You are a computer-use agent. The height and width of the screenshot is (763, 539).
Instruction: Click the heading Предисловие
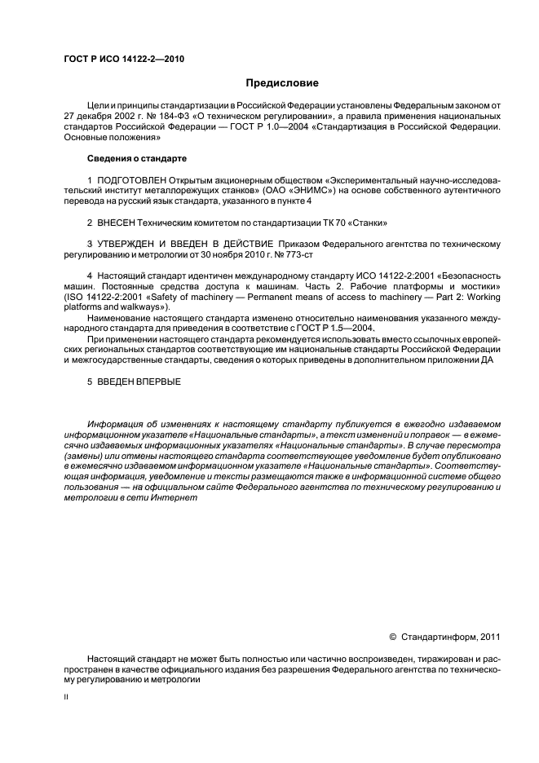coord(283,83)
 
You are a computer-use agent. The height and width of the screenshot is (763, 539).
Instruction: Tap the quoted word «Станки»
coord(368,223)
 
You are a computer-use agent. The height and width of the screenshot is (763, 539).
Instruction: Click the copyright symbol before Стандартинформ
coord(393,637)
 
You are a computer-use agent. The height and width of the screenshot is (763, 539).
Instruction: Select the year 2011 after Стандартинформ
coord(487,637)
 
